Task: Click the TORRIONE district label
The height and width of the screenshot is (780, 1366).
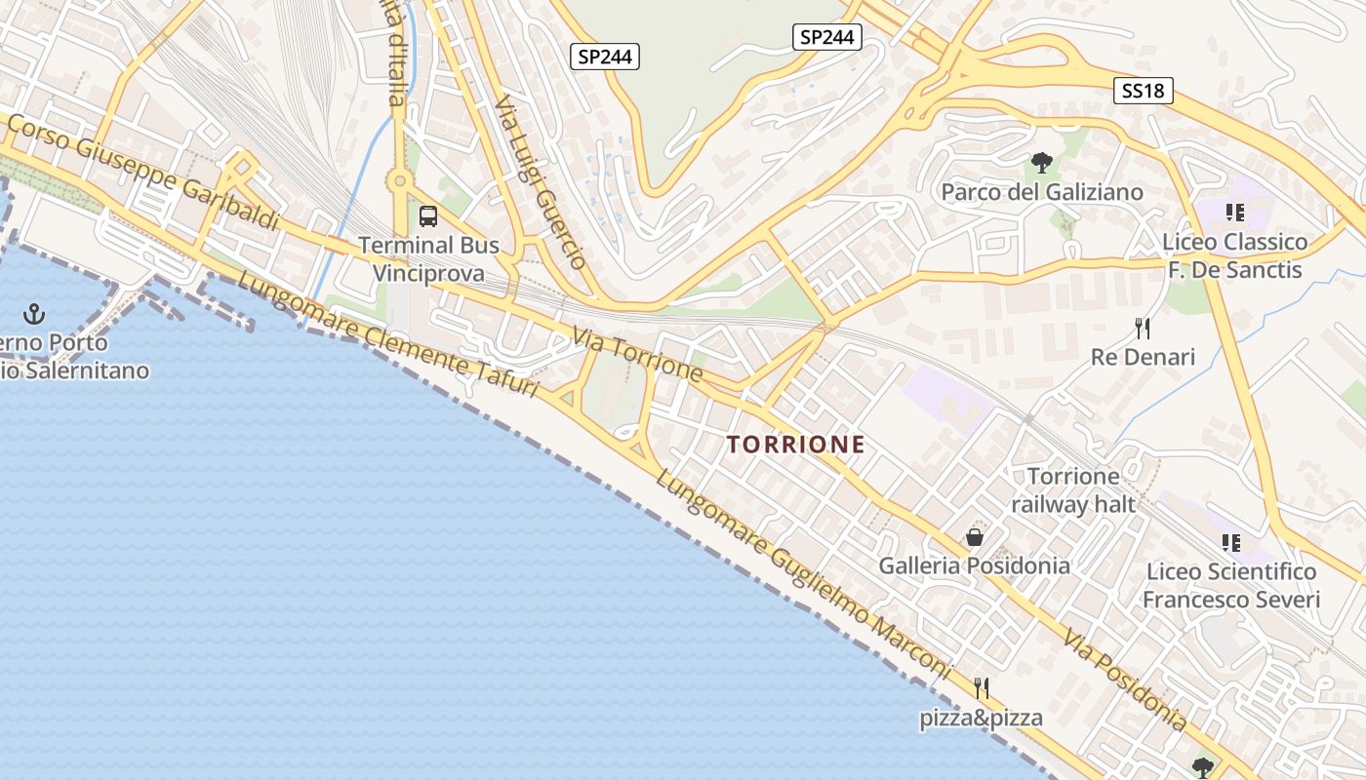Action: (x=795, y=445)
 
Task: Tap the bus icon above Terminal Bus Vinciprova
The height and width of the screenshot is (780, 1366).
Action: (x=427, y=215)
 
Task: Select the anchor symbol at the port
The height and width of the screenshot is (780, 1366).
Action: (x=35, y=314)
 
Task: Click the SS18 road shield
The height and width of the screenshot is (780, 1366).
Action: (x=1143, y=91)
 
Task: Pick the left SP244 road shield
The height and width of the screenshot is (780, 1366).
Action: (x=605, y=57)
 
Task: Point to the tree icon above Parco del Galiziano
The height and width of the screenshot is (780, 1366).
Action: (x=1041, y=163)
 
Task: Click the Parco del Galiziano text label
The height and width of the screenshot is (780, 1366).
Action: (x=1041, y=192)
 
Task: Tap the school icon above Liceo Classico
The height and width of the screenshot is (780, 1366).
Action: (x=1234, y=212)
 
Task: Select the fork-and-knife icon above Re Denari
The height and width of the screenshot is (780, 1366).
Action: (x=1143, y=328)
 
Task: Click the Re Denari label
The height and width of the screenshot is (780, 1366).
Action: (x=1143, y=357)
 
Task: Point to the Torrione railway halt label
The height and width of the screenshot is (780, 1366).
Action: (x=1073, y=490)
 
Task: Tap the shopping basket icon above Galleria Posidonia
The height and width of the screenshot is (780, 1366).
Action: (x=974, y=537)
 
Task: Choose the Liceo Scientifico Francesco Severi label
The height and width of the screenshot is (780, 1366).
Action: (x=1231, y=585)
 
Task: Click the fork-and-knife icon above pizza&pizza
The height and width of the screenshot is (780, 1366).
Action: (x=982, y=688)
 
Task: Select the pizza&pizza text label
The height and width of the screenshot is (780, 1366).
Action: (x=982, y=719)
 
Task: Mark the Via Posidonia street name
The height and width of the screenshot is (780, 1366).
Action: (x=1125, y=681)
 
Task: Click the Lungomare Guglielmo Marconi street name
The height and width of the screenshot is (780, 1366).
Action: (x=802, y=574)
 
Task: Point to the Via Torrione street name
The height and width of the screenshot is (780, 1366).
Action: (x=637, y=355)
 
